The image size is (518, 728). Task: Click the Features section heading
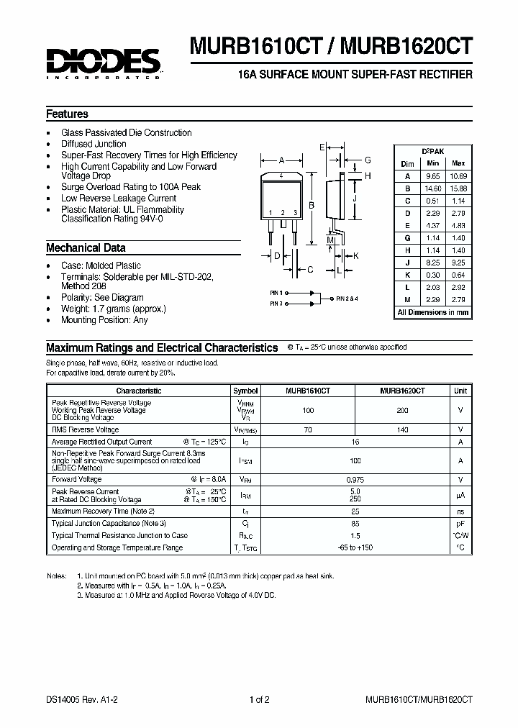click(x=67, y=114)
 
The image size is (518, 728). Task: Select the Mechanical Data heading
click(x=86, y=247)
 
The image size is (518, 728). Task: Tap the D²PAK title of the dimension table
click(x=433, y=151)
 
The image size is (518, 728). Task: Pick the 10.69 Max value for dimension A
click(x=458, y=176)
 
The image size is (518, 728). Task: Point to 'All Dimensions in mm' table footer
click(x=433, y=312)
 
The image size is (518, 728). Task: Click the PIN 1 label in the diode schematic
click(x=276, y=293)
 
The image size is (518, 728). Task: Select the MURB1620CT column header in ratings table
click(x=402, y=391)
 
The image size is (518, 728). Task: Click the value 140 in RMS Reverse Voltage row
click(x=402, y=429)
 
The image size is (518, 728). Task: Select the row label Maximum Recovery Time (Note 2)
click(x=103, y=511)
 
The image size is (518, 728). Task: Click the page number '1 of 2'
click(x=260, y=699)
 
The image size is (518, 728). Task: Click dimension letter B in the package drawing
click(x=312, y=205)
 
